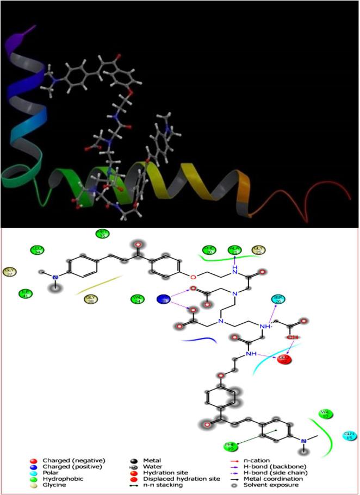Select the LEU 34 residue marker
click(x=37, y=250)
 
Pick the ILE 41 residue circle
click(x=24, y=293)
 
